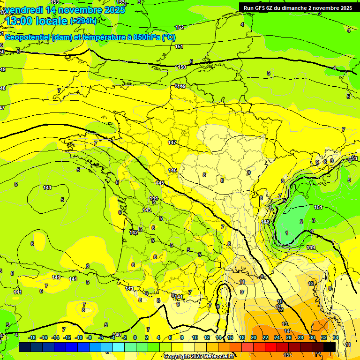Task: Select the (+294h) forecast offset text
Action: click(x=83, y=21)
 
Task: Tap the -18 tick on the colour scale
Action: click(x=32, y=337)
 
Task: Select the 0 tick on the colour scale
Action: click(x=135, y=337)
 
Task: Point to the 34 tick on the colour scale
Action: click(x=336, y=337)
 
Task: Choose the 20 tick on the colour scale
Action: click(x=254, y=337)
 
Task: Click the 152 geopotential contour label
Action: click(x=180, y=28)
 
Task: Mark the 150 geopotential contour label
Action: click(x=182, y=67)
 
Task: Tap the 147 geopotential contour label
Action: click(x=172, y=142)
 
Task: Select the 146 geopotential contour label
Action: click(x=173, y=170)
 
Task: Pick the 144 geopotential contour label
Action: click(x=154, y=198)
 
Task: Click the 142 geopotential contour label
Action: click(x=134, y=232)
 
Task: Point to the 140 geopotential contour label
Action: click(x=117, y=335)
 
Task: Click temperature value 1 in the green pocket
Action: click(x=287, y=233)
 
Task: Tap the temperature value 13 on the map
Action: click(x=285, y=324)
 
